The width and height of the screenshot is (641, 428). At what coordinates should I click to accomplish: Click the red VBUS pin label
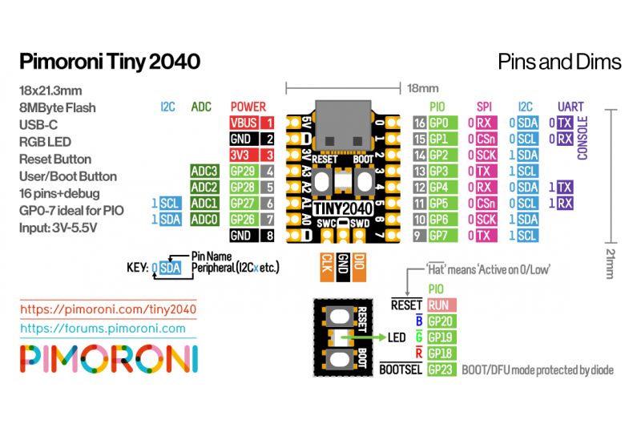[244, 123]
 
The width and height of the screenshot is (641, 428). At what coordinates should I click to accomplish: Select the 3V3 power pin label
[244, 155]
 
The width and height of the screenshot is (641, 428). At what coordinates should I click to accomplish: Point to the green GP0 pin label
[439, 123]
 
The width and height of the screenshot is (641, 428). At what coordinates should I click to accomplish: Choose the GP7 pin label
[439, 235]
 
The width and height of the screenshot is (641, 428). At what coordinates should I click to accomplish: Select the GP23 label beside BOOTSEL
[441, 369]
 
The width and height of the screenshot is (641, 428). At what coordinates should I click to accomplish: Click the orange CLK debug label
[326, 264]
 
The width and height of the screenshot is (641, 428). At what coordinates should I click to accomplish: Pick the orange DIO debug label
[360, 264]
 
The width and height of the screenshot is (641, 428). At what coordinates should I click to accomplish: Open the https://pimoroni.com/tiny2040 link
[108, 308]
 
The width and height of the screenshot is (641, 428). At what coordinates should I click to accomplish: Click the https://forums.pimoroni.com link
[103, 328]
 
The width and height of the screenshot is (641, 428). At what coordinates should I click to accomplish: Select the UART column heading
[570, 106]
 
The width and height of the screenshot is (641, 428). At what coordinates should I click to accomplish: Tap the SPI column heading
[484, 106]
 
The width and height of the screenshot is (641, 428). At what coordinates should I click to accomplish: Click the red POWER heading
[248, 106]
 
